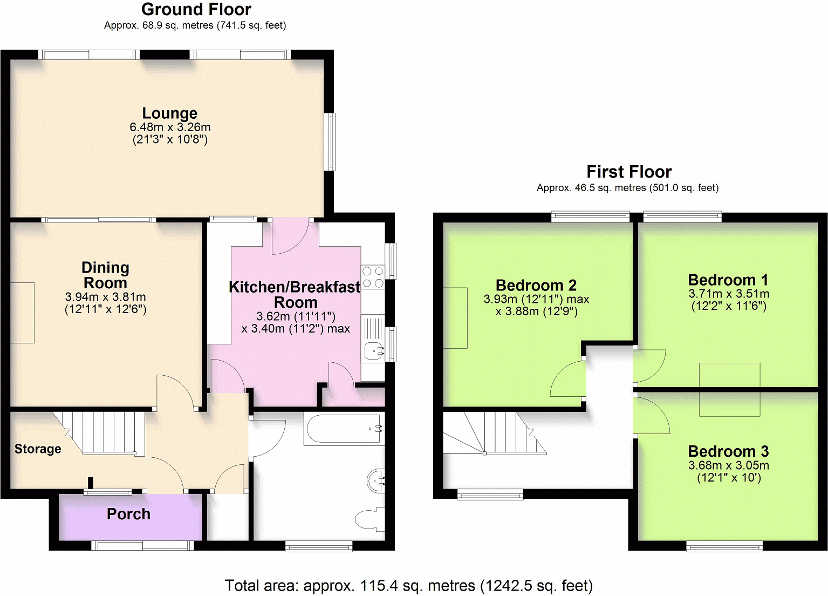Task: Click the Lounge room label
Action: point(169,113)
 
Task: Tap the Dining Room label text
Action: point(105,275)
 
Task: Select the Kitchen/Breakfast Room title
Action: point(295,294)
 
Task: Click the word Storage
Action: point(38,449)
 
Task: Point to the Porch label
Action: point(128,514)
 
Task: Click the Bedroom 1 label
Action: point(728,280)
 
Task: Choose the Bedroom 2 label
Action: point(536,286)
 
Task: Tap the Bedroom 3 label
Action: point(728,451)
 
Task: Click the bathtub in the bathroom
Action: point(344,429)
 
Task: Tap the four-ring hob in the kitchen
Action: point(373,277)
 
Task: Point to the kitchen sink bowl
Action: point(373,351)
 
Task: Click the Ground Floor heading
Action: point(196,10)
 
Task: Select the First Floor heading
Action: point(629,172)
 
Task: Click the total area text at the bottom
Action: point(408,586)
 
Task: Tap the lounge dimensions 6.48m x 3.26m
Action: point(170,127)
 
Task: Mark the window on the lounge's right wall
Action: point(329,142)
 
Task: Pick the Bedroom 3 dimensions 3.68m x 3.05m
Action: point(728,465)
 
